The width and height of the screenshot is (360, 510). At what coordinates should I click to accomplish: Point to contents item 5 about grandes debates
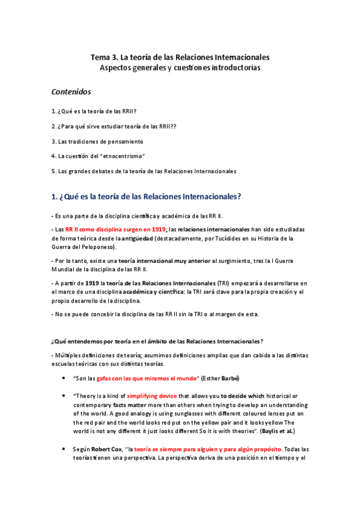144,171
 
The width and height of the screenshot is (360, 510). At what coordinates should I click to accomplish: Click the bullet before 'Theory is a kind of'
64,396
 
